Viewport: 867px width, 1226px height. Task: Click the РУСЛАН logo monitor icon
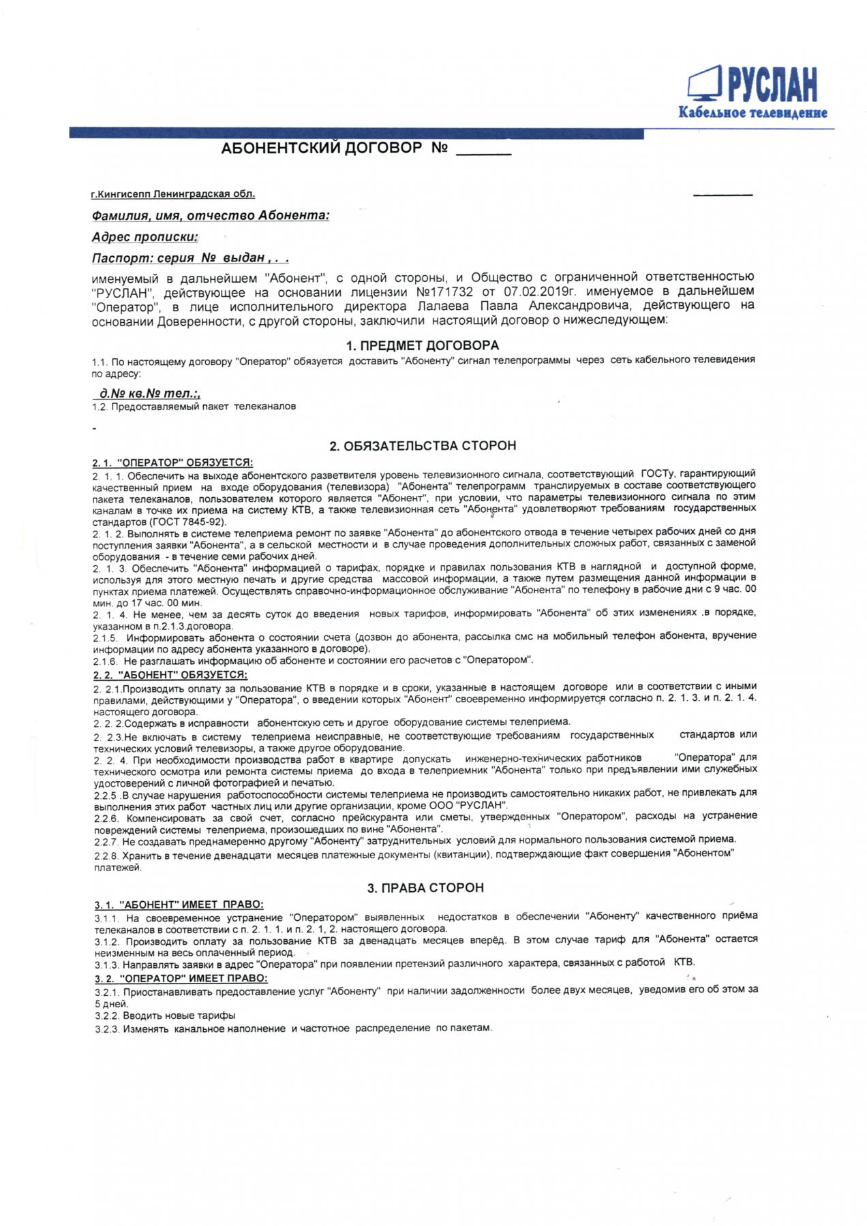704,83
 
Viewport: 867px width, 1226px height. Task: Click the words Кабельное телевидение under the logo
752,113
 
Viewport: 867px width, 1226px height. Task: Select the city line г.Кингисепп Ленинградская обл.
173,194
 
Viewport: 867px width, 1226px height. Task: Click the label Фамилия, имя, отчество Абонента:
211,215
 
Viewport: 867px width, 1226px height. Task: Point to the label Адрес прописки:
144,237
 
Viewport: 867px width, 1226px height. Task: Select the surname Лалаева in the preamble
442,306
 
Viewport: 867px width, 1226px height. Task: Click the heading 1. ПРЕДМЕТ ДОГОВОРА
422,345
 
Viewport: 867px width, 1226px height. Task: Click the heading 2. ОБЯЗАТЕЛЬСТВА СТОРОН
423,446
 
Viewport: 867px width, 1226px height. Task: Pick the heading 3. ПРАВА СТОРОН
425,888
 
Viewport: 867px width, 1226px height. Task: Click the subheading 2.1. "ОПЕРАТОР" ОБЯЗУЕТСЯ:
172,462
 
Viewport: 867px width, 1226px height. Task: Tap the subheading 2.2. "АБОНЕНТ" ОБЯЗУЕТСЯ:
170,675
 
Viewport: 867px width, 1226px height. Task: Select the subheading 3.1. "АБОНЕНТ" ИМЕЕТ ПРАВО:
179,905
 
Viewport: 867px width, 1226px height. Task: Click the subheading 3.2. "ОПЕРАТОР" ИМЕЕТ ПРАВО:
181,978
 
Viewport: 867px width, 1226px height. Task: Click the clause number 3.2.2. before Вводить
107,1016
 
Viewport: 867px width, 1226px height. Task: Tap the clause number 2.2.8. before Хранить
106,854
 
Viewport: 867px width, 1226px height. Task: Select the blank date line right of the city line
722,195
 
